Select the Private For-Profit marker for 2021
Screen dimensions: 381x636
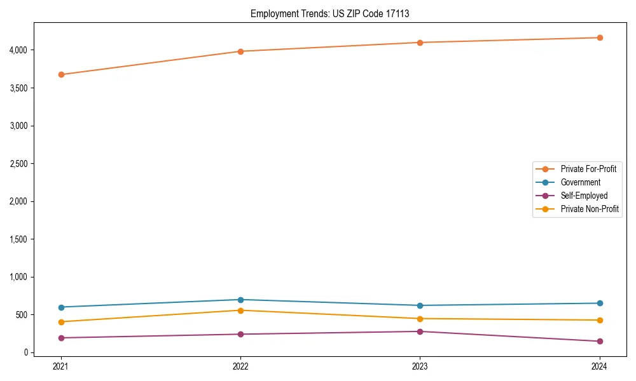(61, 74)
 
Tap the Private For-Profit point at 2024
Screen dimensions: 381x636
(600, 37)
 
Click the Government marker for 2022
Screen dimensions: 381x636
(240, 300)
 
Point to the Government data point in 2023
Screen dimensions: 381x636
(420, 305)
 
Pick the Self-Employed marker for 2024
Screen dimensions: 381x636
(600, 342)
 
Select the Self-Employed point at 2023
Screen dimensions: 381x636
(420, 331)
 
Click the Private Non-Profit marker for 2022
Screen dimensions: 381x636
(240, 311)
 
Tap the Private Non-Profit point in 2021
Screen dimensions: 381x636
(61, 322)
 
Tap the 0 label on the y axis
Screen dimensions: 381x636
(26, 352)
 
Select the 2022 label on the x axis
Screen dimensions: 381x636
(240, 366)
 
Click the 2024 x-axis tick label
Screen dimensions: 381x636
(600, 366)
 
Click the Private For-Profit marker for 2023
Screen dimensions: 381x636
(420, 43)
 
